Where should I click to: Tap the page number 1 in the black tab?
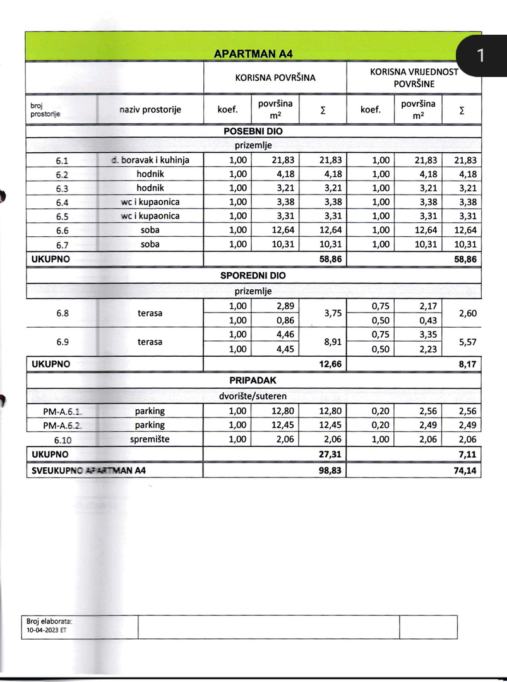coord(480,56)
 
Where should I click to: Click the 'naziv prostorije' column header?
coord(150,109)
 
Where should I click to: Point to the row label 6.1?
coord(61,160)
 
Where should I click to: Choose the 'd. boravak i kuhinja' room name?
coord(150,160)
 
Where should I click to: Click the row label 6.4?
coord(61,202)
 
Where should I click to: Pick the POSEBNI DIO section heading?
coord(253,132)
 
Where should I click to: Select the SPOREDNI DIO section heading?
coord(253,276)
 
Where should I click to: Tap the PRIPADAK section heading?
coord(253,381)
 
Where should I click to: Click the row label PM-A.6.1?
coord(62,412)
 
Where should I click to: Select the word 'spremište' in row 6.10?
coord(150,440)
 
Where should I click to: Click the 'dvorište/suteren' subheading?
coord(253,396)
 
